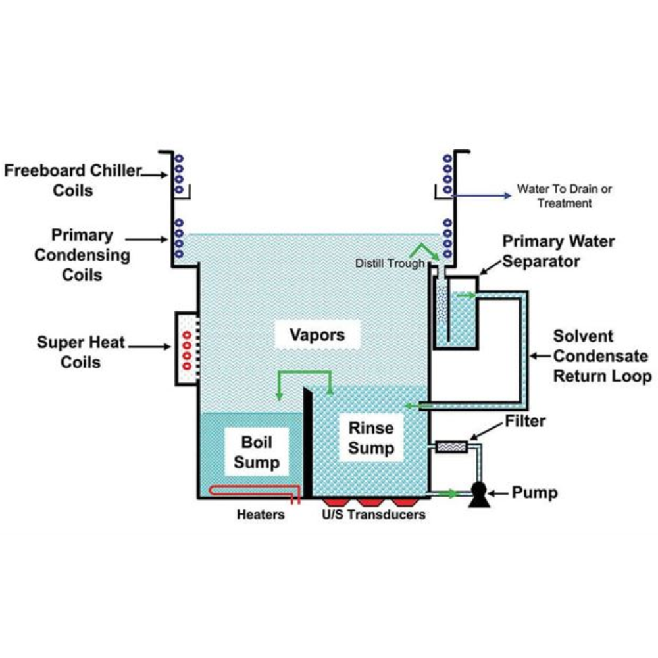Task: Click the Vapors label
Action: pyautogui.click(x=317, y=335)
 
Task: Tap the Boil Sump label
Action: pyautogui.click(x=257, y=452)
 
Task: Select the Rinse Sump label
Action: pyautogui.click(x=371, y=438)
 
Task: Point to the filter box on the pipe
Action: pyautogui.click(x=451, y=447)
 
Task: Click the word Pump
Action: pyautogui.click(x=534, y=493)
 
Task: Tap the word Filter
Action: pyautogui.click(x=525, y=421)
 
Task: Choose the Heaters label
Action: pyautogui.click(x=261, y=515)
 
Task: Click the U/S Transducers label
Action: pyautogui.click(x=374, y=515)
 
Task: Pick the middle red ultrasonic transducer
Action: pyautogui.click(x=368, y=502)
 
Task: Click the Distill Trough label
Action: pyautogui.click(x=390, y=264)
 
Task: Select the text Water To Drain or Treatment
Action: pyautogui.click(x=565, y=196)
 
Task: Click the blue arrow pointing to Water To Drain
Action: pyautogui.click(x=482, y=195)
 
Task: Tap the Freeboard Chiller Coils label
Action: pyautogui.click(x=73, y=180)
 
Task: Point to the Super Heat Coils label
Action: pyautogui.click(x=80, y=352)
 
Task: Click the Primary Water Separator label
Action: pyautogui.click(x=559, y=251)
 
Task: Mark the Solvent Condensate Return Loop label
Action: pyautogui.click(x=602, y=356)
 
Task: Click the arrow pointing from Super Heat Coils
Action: pyautogui.click(x=149, y=347)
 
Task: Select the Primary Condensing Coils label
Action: pyautogui.click(x=82, y=255)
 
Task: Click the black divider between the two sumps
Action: pyautogui.click(x=307, y=443)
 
